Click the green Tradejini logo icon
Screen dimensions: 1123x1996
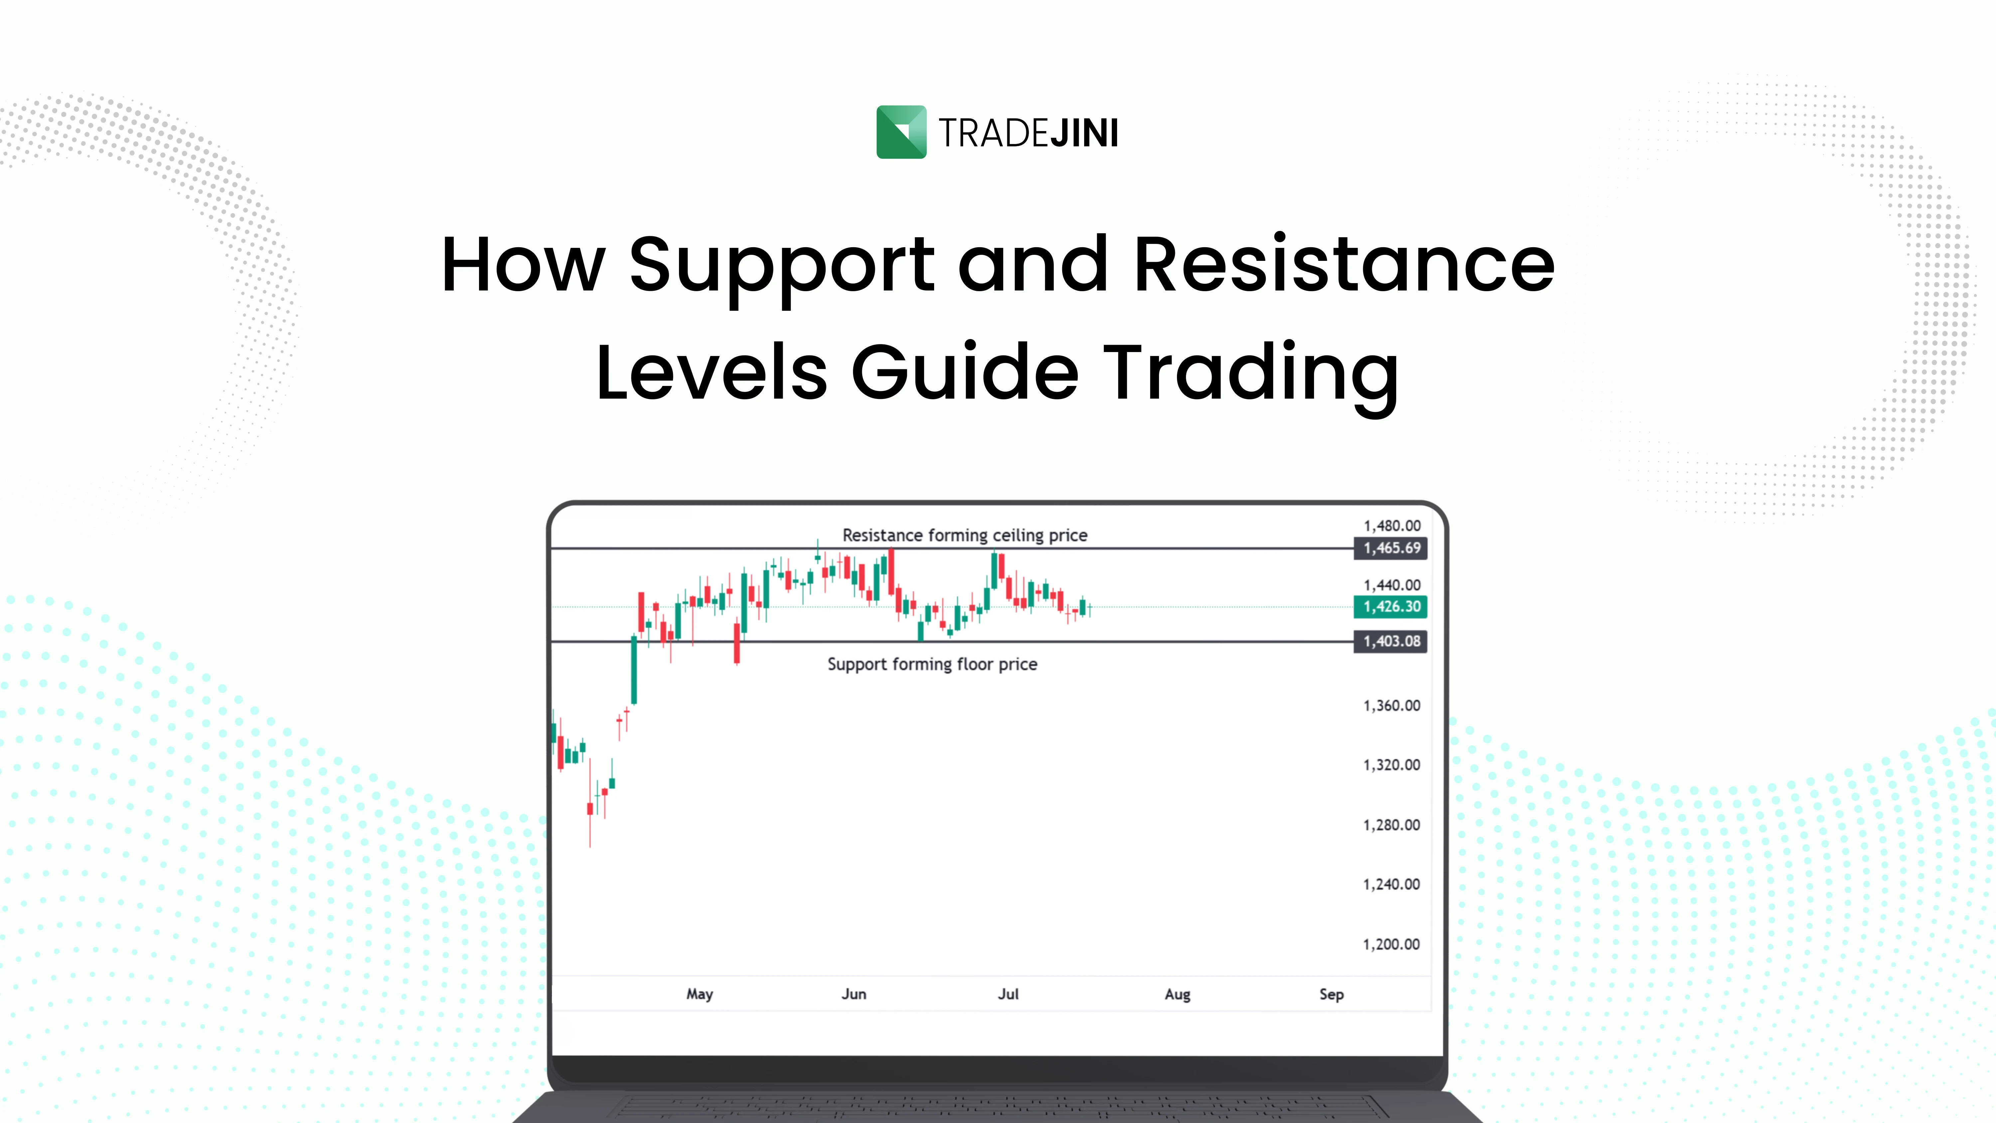(x=901, y=132)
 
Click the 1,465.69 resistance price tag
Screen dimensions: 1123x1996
(x=1391, y=548)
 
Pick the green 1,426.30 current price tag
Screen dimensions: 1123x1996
(x=1391, y=606)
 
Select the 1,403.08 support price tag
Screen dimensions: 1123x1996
(x=1391, y=641)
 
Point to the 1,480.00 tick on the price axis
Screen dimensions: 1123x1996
(x=1392, y=525)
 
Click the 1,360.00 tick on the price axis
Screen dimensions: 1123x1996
(x=1392, y=705)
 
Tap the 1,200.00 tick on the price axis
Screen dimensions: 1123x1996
(x=1392, y=944)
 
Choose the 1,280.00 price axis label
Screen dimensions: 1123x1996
(x=1392, y=825)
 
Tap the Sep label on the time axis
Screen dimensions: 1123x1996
(x=1331, y=994)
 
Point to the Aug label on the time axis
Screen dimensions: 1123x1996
(x=1177, y=994)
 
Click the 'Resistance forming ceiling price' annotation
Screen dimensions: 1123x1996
(x=965, y=535)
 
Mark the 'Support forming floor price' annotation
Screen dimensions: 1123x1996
(x=932, y=664)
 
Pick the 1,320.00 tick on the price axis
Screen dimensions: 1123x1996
(x=1392, y=765)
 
